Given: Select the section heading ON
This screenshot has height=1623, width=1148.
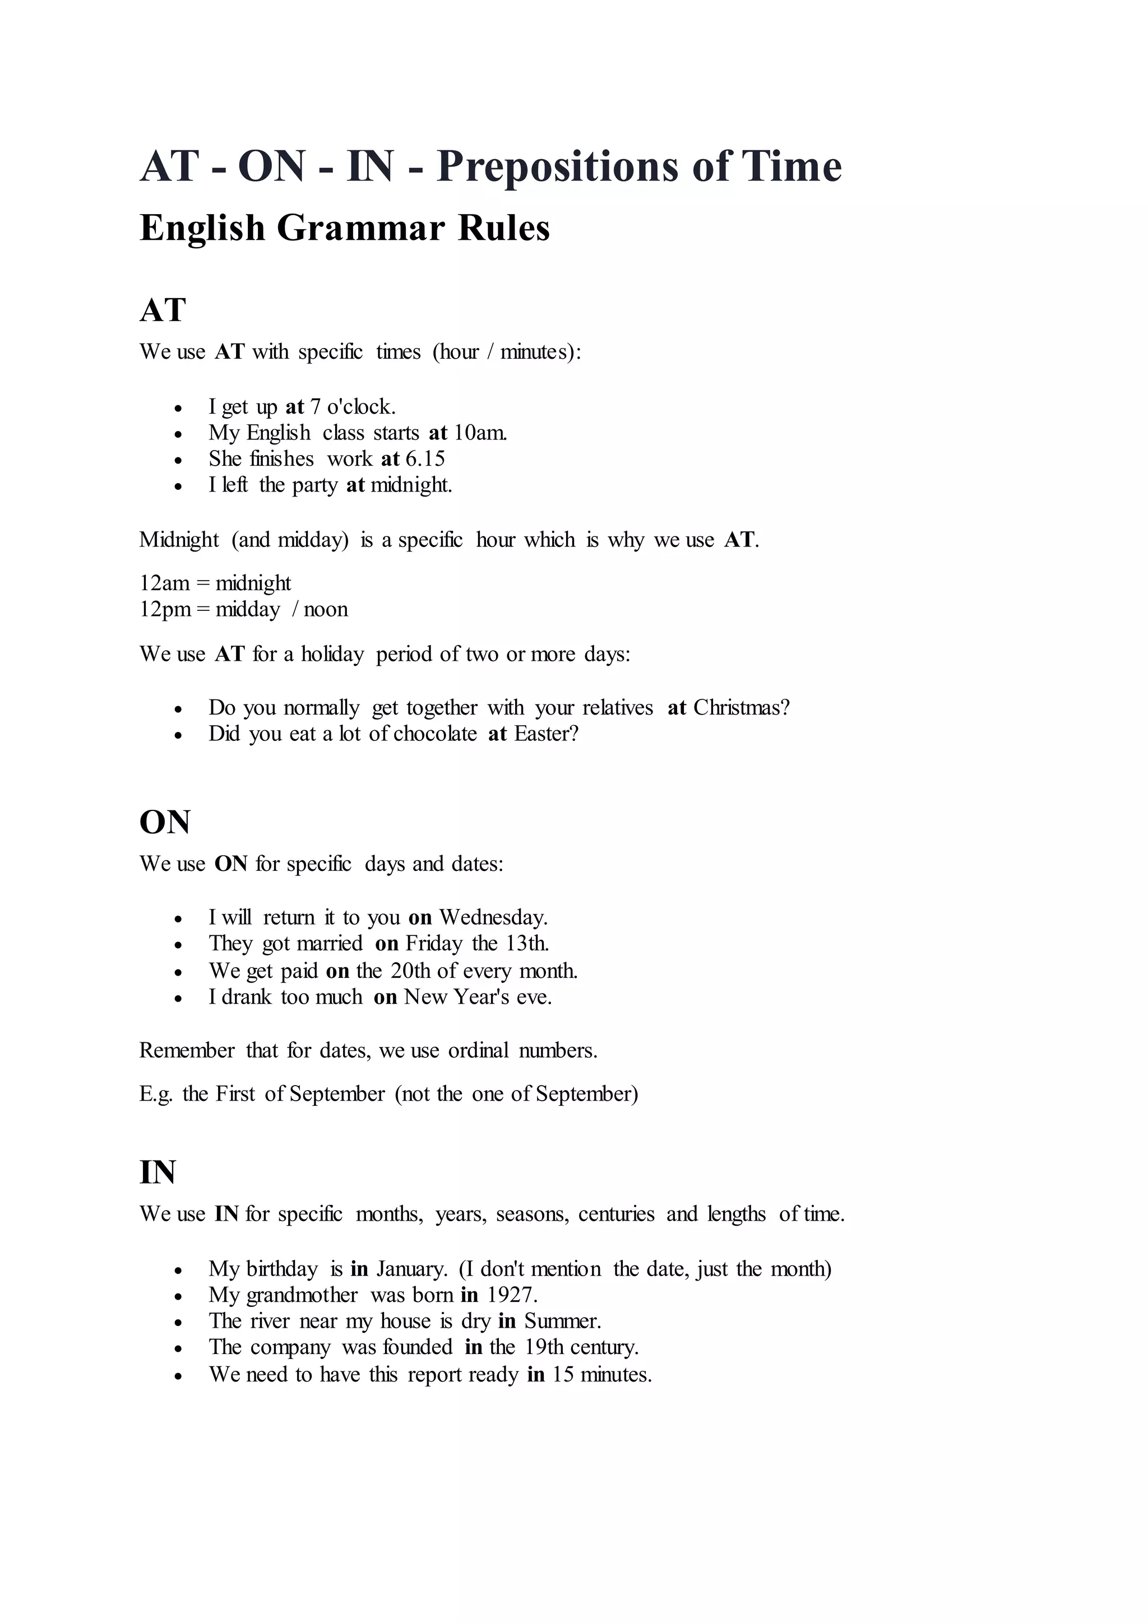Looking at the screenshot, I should coord(165,822).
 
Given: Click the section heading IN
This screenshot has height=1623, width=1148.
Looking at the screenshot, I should coord(158,1173).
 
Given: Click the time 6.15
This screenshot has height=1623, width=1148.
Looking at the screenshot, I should coord(425,459).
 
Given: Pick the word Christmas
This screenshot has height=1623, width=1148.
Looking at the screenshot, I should coord(742,708).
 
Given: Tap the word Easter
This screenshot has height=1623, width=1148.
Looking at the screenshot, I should coord(547,734).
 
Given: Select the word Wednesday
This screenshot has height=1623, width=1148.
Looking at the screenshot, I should coord(493,917).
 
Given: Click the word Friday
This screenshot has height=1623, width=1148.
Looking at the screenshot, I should coord(434,944).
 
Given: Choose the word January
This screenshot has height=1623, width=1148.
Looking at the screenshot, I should coord(412,1269).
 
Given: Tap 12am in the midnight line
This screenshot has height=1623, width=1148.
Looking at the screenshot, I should coord(165,583).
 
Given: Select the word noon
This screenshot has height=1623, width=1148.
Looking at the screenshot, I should coord(326,609).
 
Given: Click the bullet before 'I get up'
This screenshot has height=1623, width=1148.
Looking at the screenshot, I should coord(178,409).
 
